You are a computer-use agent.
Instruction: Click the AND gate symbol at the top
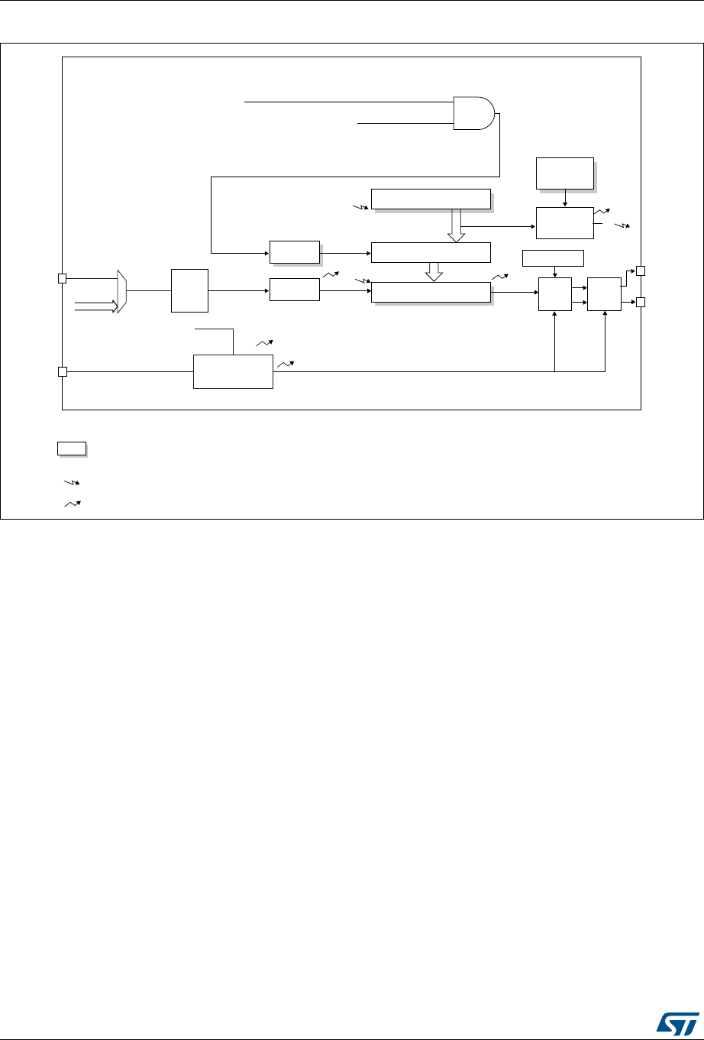[474, 113]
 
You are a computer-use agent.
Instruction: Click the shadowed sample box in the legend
[70, 449]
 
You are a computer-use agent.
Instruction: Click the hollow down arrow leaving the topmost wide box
[456, 226]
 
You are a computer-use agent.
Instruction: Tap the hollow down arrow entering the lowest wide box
[433, 271]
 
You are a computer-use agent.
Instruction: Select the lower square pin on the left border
[63, 372]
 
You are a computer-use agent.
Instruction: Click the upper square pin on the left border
[63, 279]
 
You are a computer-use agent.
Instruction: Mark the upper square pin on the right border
[641, 271]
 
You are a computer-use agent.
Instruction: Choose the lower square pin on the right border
[641, 302]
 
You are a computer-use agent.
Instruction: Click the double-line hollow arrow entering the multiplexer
[96, 306]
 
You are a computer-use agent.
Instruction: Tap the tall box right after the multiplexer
[189, 290]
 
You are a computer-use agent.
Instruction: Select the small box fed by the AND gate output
[294, 251]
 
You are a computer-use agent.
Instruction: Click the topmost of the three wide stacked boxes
[430, 198]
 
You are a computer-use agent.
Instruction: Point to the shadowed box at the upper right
[564, 173]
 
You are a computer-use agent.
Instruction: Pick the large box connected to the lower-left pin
[233, 371]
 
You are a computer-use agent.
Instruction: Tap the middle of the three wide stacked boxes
[430, 251]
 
